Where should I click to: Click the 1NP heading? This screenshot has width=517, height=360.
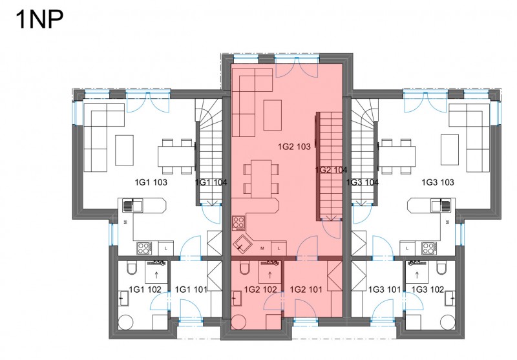[39, 20]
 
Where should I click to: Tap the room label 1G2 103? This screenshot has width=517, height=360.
[294, 147]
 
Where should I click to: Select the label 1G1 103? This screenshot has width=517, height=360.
[151, 182]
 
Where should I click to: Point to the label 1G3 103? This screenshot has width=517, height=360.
[438, 182]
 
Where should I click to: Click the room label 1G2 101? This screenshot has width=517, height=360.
[306, 290]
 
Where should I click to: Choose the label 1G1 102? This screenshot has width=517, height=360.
[145, 290]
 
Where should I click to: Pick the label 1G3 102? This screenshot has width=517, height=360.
[428, 290]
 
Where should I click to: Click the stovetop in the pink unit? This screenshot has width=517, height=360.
[238, 223]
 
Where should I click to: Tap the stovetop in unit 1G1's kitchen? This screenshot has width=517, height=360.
[144, 248]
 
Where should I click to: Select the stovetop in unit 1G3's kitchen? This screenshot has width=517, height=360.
[429, 248]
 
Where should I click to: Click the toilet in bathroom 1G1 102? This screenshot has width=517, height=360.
[132, 268]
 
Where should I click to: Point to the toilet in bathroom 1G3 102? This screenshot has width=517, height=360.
[441, 268]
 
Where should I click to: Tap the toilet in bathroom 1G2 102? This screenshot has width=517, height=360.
[244, 268]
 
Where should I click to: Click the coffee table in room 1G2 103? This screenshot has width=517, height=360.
[272, 116]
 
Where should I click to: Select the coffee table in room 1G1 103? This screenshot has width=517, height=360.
[124, 150]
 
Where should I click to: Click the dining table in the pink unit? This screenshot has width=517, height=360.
[261, 179]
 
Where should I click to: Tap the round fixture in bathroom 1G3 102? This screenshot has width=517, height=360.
[448, 322]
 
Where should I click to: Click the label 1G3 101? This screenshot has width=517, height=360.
[385, 290]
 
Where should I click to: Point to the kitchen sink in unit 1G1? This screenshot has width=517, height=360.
[133, 206]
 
